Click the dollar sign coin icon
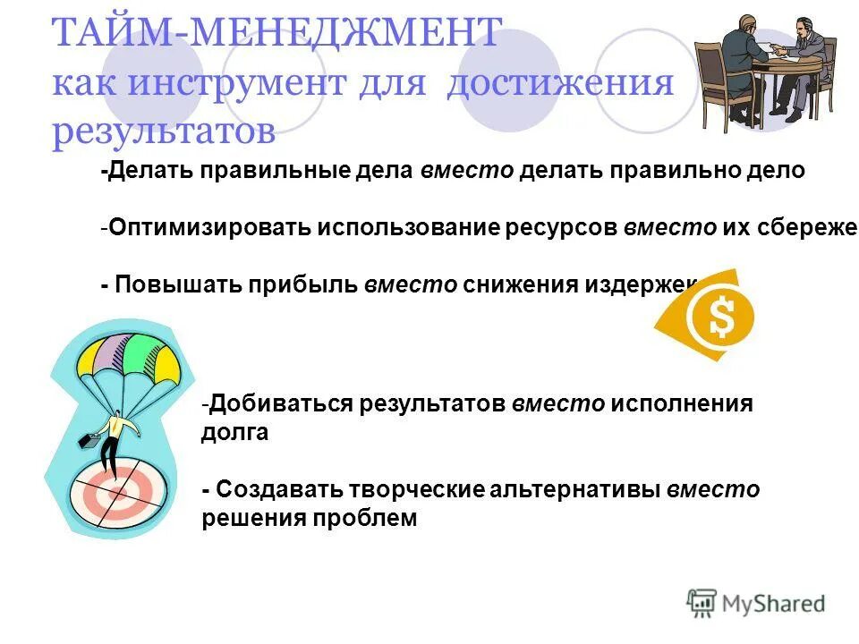coord(720,315)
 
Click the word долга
coord(234,433)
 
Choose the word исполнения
coord(682,403)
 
